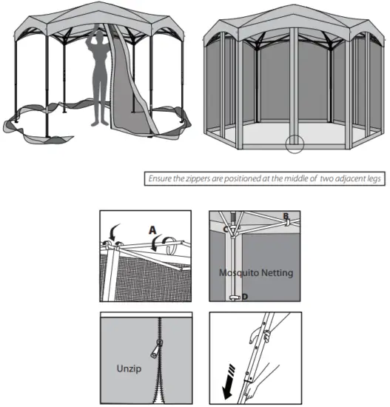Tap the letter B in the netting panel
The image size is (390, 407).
coord(285,217)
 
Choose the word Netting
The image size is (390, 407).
coord(278,272)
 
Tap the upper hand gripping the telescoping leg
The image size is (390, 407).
coord(265,330)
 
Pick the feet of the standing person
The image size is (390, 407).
coord(100,123)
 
